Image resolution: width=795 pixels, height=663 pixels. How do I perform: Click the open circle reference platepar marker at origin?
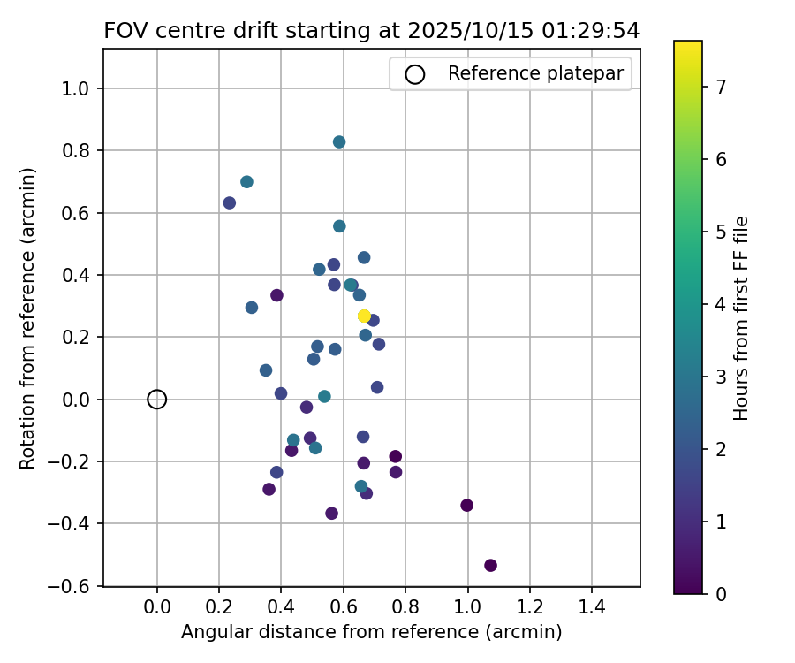pyautogui.click(x=156, y=400)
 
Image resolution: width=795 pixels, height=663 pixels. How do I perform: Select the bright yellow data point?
pyautogui.click(x=364, y=316)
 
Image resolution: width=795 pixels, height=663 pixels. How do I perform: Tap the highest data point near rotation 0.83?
pyautogui.click(x=339, y=141)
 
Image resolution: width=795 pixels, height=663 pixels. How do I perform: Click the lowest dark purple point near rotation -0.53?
pyautogui.click(x=490, y=566)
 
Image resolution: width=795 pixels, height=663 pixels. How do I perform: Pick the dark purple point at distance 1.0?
pyautogui.click(x=467, y=506)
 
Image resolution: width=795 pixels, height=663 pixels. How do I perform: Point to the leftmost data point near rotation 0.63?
pyautogui.click(x=230, y=203)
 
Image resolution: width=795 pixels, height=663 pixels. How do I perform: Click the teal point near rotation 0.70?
pyautogui.click(x=246, y=182)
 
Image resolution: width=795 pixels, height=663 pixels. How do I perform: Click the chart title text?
pyautogui.click(x=371, y=30)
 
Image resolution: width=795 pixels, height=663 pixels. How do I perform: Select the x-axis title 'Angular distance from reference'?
pyautogui.click(x=371, y=632)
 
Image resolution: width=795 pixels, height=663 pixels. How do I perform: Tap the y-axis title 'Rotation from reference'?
pyautogui.click(x=28, y=317)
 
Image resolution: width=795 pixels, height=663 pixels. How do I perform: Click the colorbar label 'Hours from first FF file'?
pyautogui.click(x=742, y=317)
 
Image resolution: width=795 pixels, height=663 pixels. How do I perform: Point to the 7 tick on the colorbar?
pyautogui.click(x=721, y=87)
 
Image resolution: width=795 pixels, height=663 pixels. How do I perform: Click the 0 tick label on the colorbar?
pyautogui.click(x=721, y=594)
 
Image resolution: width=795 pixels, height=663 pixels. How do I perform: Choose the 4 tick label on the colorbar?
pyautogui.click(x=721, y=304)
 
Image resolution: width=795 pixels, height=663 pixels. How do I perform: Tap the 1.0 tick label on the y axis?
pyautogui.click(x=81, y=88)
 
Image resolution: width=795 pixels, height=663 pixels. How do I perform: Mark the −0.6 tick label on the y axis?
pyautogui.click(x=78, y=586)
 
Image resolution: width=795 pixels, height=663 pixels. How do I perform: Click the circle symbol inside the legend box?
pyautogui.click(x=415, y=74)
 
